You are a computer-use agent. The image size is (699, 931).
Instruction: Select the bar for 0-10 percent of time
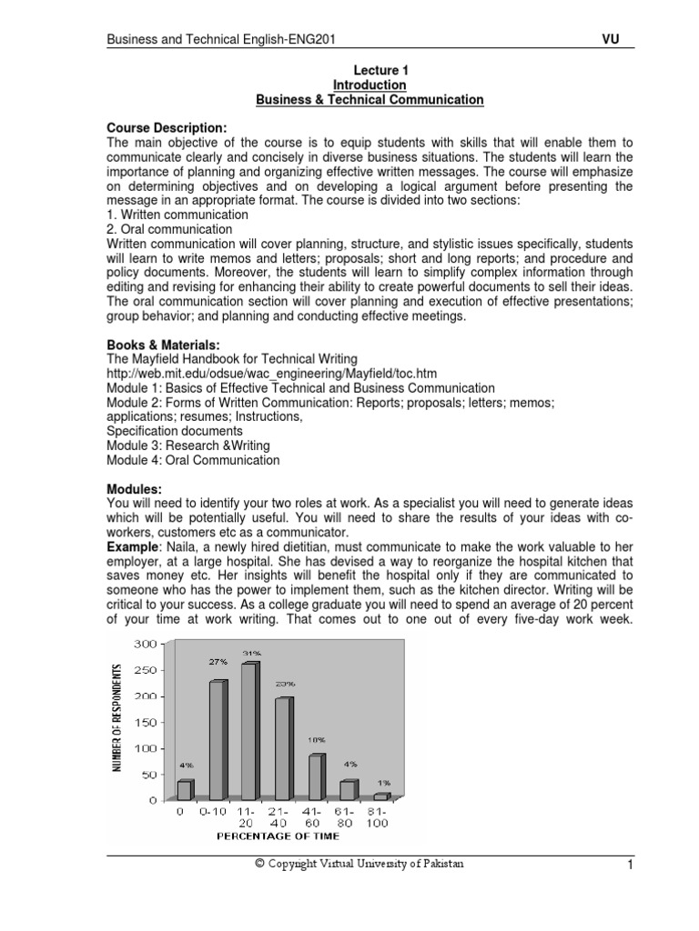pos(218,740)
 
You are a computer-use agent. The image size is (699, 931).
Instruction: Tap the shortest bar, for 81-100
pos(380,796)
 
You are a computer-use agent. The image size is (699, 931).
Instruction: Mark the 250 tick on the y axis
pos(145,670)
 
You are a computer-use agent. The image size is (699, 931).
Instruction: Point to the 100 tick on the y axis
pos(145,748)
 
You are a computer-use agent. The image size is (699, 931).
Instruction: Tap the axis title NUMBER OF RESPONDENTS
pos(117,718)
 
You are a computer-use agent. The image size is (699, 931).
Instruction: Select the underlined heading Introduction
pos(370,85)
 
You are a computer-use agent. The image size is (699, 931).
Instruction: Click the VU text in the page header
pos(612,38)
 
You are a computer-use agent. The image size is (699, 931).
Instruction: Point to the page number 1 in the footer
pos(628,866)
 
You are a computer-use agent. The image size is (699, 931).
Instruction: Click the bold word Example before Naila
pos(133,548)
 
